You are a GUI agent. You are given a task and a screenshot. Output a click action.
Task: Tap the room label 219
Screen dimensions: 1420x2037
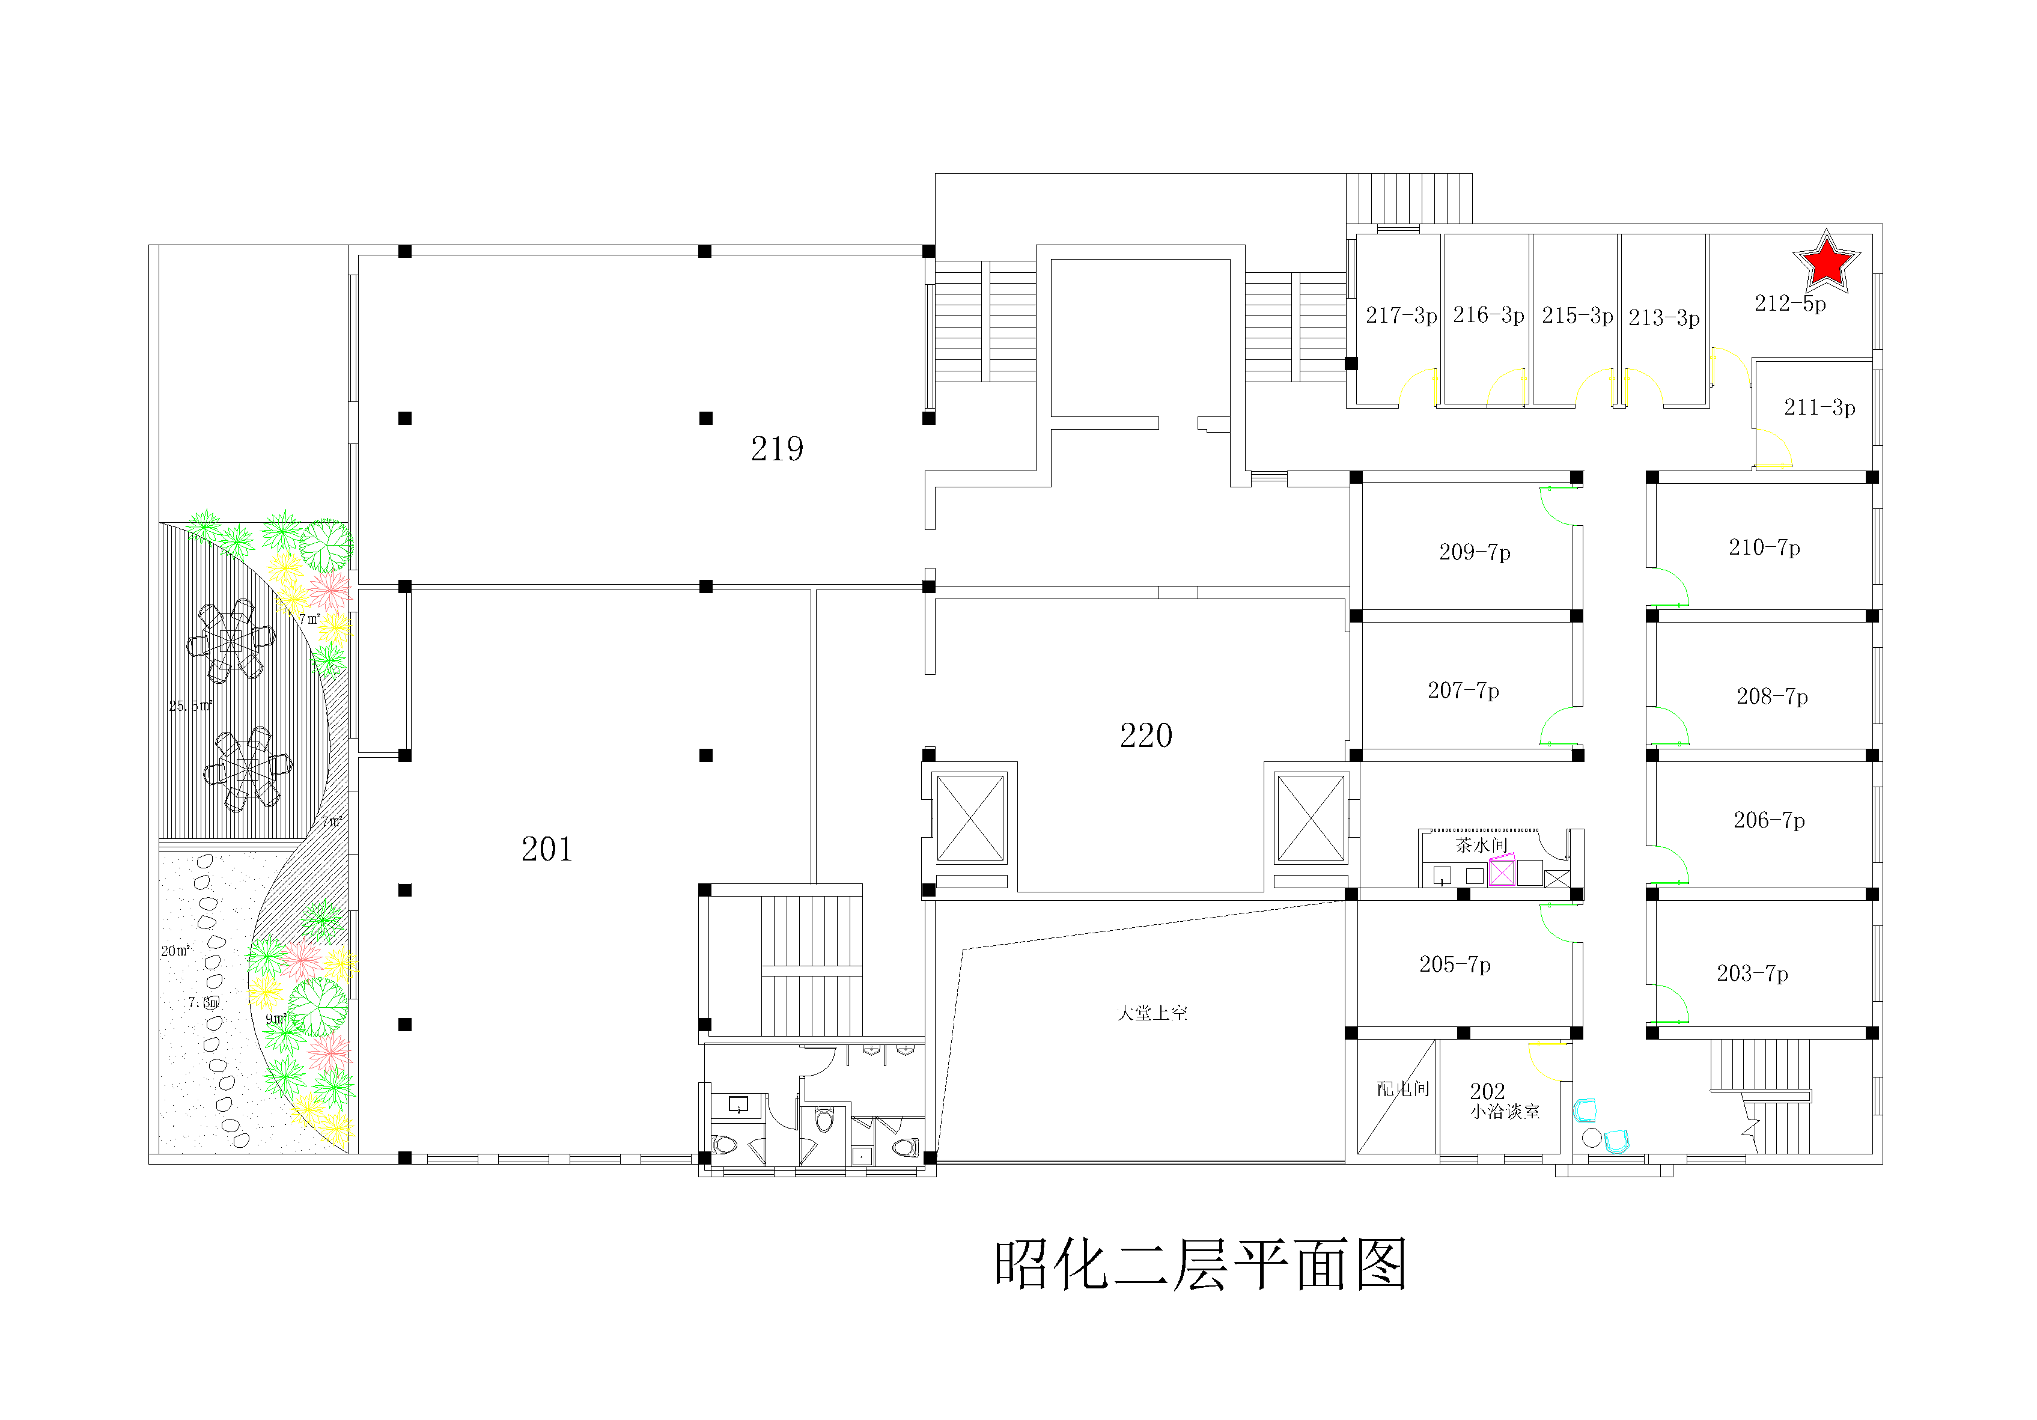tap(777, 449)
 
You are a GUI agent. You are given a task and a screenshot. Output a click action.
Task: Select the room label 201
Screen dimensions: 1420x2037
tap(547, 849)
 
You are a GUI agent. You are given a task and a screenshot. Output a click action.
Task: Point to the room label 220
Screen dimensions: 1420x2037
tap(1145, 736)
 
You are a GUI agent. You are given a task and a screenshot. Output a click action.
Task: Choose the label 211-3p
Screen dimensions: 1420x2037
tap(1819, 407)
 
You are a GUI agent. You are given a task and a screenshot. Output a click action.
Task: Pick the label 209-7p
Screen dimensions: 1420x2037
tap(1475, 552)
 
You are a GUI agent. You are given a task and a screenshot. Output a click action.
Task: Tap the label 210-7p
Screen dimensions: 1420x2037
tap(1764, 547)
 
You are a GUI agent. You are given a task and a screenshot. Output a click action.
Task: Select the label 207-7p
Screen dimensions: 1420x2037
tap(1463, 690)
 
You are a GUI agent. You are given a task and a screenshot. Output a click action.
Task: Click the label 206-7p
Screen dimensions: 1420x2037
tap(1769, 820)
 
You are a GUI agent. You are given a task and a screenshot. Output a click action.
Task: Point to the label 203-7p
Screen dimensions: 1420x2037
tap(1752, 974)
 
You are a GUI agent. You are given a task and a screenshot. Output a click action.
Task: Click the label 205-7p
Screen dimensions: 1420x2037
tap(1455, 964)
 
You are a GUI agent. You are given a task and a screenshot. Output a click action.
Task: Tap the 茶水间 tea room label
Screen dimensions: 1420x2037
tap(1481, 845)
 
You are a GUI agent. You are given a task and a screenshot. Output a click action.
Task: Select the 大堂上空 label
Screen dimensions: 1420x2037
tap(1151, 1013)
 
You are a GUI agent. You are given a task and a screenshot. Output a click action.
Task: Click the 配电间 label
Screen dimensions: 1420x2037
tap(1402, 1089)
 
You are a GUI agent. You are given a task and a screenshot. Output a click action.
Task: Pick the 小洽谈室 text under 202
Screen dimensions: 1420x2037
tap(1505, 1112)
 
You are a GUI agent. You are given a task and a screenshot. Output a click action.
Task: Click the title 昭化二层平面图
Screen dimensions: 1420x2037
tap(1201, 1265)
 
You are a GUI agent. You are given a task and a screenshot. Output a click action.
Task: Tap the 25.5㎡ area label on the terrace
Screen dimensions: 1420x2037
tap(190, 705)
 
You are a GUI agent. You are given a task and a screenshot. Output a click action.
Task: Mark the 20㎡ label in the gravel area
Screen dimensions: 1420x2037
tap(175, 951)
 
